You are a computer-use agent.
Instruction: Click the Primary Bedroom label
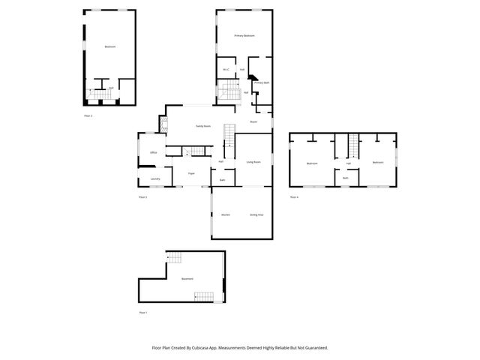pos(244,35)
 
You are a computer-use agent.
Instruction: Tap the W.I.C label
pos(225,70)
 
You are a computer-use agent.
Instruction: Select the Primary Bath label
pos(261,82)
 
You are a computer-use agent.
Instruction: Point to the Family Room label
pos(202,126)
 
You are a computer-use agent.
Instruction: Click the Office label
pos(153,152)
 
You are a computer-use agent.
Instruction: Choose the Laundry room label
pos(154,178)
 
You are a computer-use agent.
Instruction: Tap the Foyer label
pos(191,173)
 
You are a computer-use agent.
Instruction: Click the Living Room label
pos(253,161)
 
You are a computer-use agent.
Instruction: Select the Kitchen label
pos(225,214)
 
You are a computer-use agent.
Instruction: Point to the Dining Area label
pos(256,214)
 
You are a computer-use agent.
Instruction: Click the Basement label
pos(187,278)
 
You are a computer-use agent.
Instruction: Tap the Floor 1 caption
pos(143,311)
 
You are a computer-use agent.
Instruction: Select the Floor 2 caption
pos(88,116)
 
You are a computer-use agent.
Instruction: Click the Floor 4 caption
pos(294,196)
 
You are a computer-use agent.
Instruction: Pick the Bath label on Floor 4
pos(345,178)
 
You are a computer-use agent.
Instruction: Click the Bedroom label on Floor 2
pos(109,46)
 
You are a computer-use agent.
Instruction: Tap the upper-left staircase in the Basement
pos(174,259)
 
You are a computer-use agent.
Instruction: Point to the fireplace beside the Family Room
pos(162,124)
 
